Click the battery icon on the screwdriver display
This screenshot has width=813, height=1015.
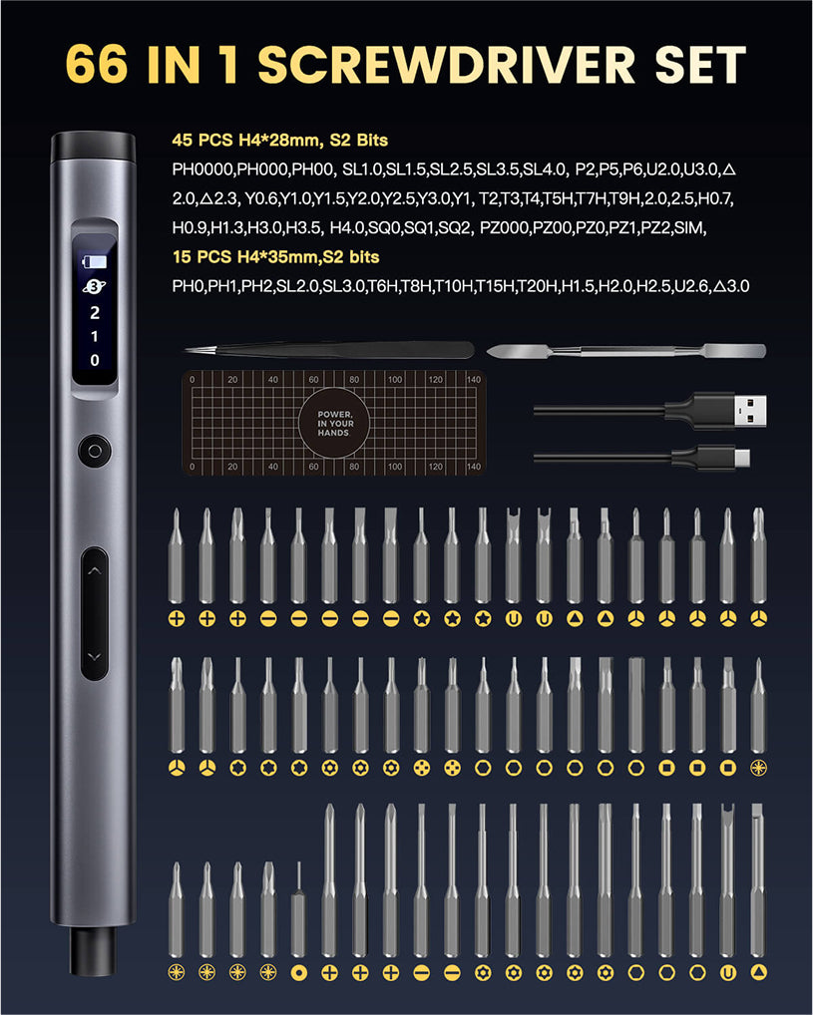(95, 261)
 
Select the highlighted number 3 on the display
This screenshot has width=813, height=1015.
(95, 286)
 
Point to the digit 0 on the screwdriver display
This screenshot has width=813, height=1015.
(95, 360)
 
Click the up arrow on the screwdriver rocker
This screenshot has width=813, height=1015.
(95, 571)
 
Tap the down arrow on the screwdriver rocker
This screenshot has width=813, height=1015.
(95, 656)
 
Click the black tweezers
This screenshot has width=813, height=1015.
(329, 350)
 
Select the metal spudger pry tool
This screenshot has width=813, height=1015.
(626, 352)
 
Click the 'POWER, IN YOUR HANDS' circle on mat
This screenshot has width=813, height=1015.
(334, 424)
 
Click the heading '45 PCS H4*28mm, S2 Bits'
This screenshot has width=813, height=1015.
(280, 140)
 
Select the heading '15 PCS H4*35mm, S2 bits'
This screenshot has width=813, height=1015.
(276, 257)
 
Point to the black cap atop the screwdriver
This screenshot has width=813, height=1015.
(94, 147)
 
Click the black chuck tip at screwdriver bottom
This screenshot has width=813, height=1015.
(94, 950)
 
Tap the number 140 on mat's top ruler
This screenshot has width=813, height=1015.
(474, 379)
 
